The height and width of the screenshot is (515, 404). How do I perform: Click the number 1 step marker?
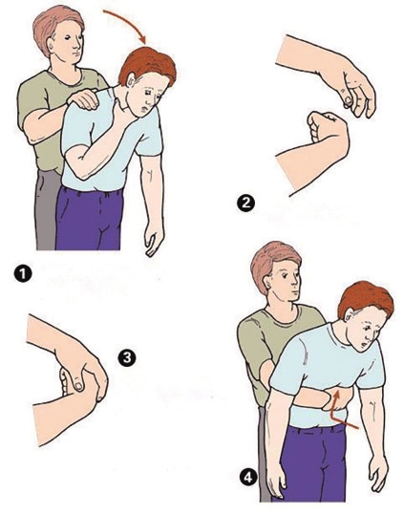(23, 274)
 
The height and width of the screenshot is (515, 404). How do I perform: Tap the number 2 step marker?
(245, 203)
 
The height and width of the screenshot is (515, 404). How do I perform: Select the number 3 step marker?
(127, 357)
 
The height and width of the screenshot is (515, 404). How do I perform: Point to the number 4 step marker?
(248, 477)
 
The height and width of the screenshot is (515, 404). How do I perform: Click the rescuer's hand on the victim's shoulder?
(83, 98)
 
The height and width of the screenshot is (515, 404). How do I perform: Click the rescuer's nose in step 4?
(296, 284)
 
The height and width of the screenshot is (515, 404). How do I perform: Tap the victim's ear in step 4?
(349, 313)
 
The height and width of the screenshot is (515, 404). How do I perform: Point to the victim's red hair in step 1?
(148, 66)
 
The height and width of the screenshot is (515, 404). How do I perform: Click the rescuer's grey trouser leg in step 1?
(47, 210)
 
